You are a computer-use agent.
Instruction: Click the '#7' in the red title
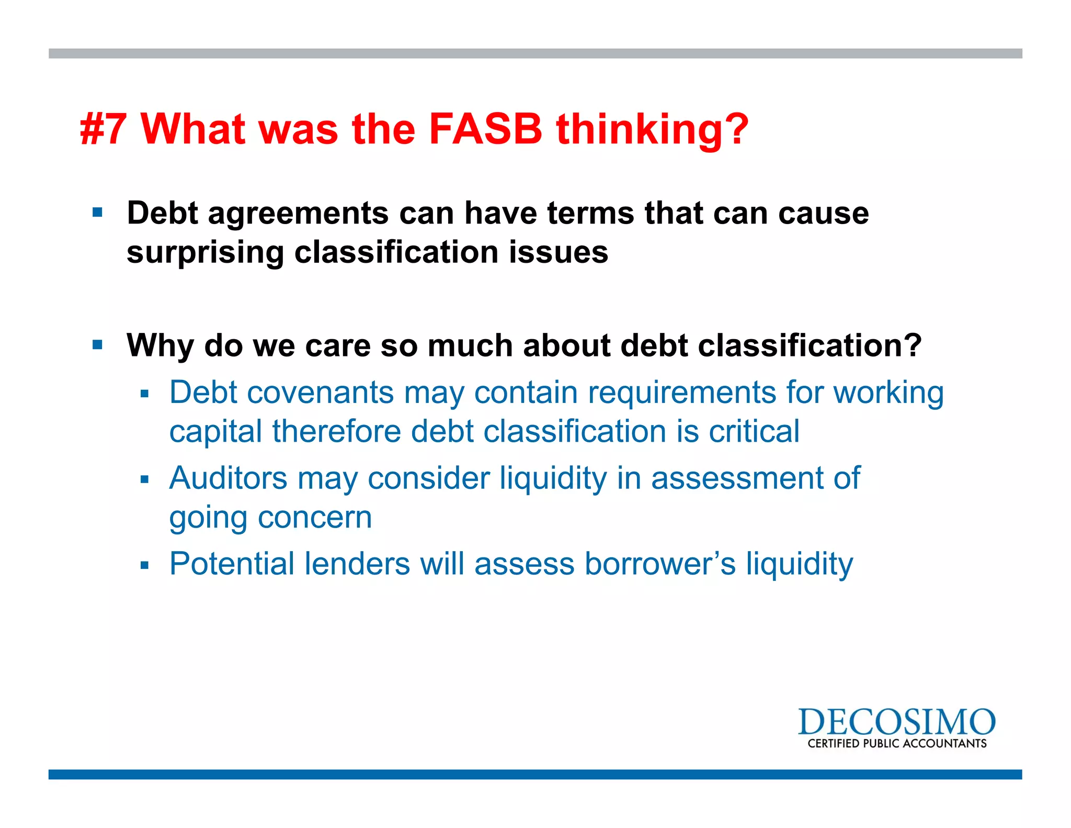click(104, 129)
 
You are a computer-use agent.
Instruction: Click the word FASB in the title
click(485, 129)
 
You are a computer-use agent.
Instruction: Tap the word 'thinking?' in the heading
click(652, 129)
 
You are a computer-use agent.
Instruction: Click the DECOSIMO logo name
click(896, 722)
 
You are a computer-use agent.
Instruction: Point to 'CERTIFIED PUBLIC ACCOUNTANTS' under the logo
click(897, 744)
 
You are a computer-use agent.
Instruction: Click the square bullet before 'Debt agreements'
click(97, 212)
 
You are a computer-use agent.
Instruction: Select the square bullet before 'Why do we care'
click(97, 345)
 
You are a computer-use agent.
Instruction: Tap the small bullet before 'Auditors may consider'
click(145, 479)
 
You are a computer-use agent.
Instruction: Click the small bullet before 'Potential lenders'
click(145, 565)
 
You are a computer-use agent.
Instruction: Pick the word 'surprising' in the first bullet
click(204, 253)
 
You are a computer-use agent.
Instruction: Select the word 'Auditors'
click(228, 478)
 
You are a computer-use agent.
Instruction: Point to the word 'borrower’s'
click(660, 564)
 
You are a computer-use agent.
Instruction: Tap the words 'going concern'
click(270, 518)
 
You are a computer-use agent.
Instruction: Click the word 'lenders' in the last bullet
click(357, 564)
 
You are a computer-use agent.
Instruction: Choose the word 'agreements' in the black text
click(298, 214)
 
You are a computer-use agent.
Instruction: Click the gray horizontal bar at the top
click(535, 53)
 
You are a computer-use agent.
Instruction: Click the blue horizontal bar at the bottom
click(535, 774)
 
